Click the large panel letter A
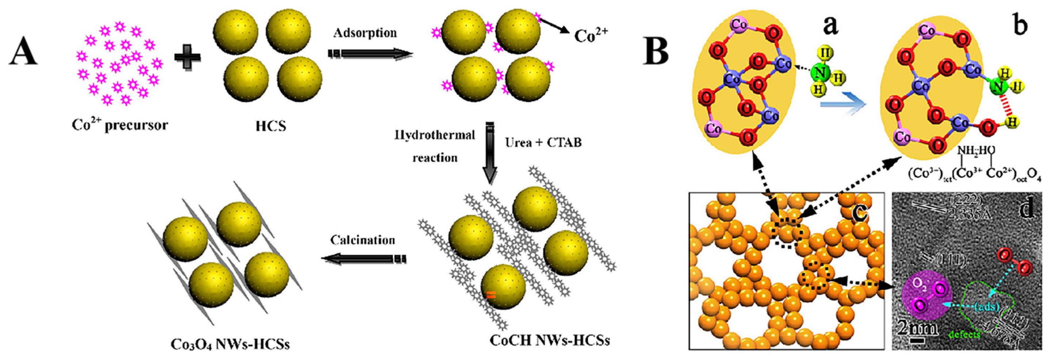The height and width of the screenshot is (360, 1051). pos(24,54)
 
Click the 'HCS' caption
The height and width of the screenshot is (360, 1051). pos(271,126)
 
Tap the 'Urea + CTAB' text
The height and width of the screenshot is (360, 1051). pos(543,143)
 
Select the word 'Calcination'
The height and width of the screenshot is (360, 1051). pos(363,240)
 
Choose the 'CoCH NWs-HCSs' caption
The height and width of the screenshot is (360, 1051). pos(549,340)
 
